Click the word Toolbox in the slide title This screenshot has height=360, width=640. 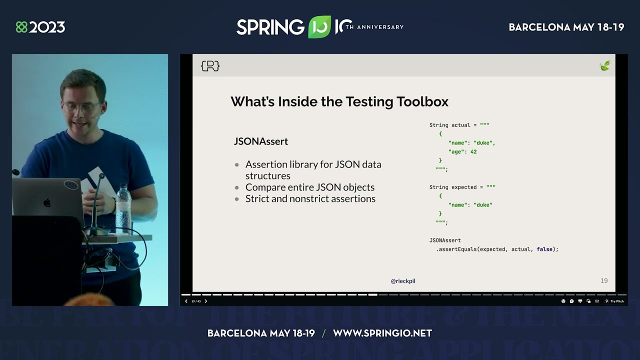(x=422, y=101)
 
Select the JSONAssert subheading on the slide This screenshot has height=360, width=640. (x=261, y=141)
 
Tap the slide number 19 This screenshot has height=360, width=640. (x=604, y=281)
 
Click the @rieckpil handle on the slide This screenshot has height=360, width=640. (x=403, y=281)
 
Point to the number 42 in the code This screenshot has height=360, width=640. (x=473, y=152)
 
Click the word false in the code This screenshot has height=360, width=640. (x=544, y=249)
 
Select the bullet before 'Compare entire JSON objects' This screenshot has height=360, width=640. (x=237, y=187)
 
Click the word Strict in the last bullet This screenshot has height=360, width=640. (x=257, y=199)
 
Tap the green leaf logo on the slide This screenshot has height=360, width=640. (x=605, y=65)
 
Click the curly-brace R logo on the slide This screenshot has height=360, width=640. (x=210, y=66)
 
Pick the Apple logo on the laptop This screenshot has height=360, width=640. (x=47, y=202)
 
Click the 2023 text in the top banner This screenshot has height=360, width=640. (x=47, y=27)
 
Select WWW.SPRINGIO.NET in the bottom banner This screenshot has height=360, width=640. (x=382, y=333)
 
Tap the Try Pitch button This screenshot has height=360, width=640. (x=614, y=301)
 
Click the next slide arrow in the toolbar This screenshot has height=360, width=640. (x=205, y=301)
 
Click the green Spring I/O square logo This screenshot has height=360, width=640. (x=319, y=27)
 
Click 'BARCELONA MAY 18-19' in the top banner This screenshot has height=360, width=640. (x=566, y=27)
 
